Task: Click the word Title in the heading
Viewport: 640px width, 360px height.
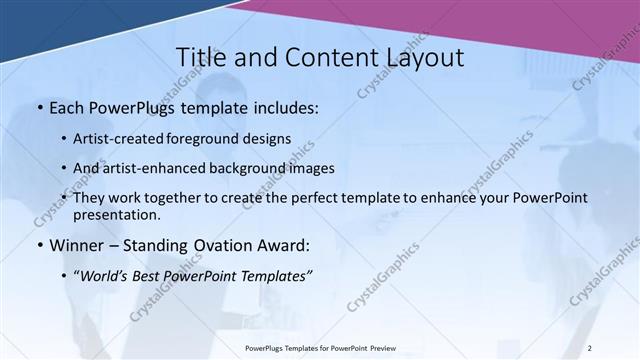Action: tap(200, 58)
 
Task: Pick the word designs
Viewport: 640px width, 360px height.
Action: tap(268, 139)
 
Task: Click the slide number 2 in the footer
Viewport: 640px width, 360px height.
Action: tap(589, 348)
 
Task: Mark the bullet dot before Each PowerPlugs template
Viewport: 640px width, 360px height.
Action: tap(38, 106)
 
